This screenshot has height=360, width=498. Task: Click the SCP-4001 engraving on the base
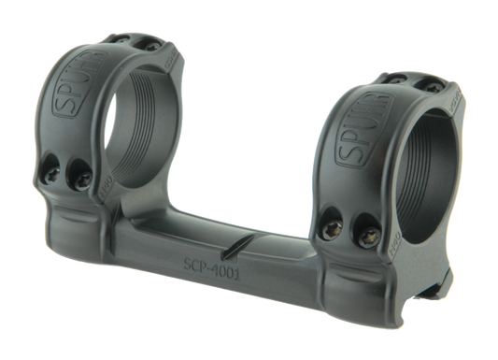coord(212,280)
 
